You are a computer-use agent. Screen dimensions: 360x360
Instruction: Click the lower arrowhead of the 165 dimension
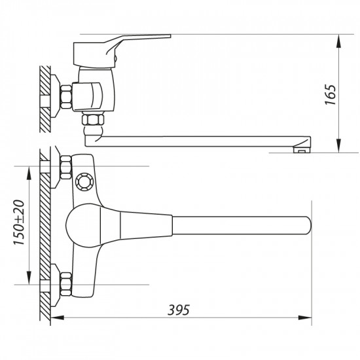[x=339, y=148]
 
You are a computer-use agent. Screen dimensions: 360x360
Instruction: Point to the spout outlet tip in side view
[x=302, y=150]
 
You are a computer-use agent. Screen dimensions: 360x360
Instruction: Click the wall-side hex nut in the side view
[x=67, y=98]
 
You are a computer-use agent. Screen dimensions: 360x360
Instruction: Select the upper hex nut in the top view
[x=65, y=167]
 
